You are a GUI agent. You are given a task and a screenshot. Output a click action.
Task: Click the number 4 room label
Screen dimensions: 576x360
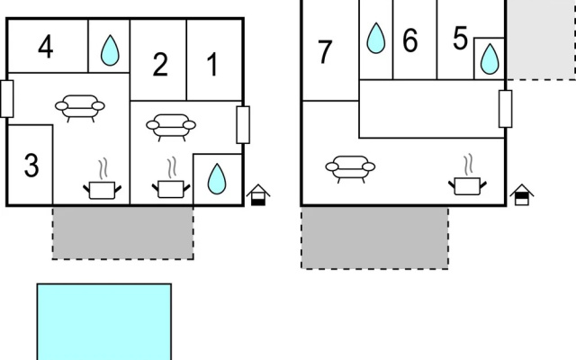pyautogui.click(x=46, y=47)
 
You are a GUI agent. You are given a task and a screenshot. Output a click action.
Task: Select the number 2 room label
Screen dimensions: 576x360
pyautogui.click(x=160, y=64)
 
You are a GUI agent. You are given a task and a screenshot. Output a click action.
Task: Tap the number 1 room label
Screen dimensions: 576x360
pyautogui.click(x=212, y=64)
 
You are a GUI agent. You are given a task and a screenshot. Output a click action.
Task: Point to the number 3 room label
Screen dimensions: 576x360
pyautogui.click(x=31, y=166)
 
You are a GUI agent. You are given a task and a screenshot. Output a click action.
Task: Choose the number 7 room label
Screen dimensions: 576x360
pyautogui.click(x=324, y=52)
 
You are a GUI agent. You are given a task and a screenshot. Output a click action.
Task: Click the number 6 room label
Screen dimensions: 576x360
pyautogui.click(x=410, y=40)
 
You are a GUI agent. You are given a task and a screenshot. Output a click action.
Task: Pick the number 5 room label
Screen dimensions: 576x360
pyautogui.click(x=460, y=38)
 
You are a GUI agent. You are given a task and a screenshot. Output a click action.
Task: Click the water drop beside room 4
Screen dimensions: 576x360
pyautogui.click(x=110, y=50)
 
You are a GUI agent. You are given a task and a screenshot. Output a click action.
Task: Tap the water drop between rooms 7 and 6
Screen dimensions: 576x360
pyautogui.click(x=376, y=38)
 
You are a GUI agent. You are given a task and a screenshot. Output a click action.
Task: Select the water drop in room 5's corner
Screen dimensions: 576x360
pyautogui.click(x=490, y=59)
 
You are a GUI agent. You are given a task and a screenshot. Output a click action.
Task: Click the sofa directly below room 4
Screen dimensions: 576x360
pyautogui.click(x=80, y=108)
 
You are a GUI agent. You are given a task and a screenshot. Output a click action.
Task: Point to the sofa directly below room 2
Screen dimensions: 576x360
pyautogui.click(x=171, y=127)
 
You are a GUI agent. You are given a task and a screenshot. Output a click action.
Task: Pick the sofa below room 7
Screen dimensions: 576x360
pyautogui.click(x=350, y=168)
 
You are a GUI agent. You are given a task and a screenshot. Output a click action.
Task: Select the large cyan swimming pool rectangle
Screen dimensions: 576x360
pyautogui.click(x=104, y=322)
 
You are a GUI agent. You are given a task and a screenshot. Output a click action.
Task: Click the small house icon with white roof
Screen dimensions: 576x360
pyautogui.click(x=258, y=194)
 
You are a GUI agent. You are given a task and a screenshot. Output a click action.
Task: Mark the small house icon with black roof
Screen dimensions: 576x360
pyautogui.click(x=522, y=194)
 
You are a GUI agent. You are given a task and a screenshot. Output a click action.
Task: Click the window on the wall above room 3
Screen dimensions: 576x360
pyautogui.click(x=7, y=99)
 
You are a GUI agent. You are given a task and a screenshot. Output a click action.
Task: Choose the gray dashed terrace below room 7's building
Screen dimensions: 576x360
pyautogui.click(x=374, y=238)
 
